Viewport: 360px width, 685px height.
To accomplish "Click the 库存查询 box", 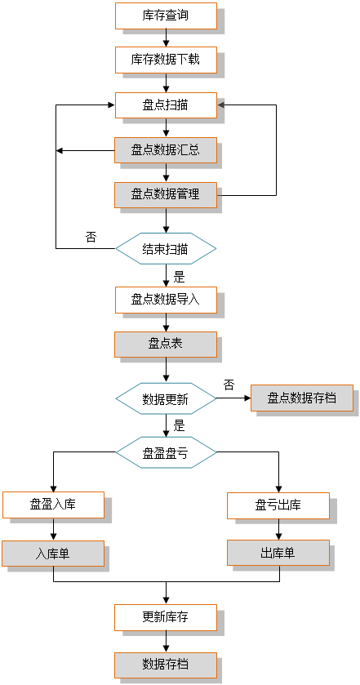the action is tap(166, 16).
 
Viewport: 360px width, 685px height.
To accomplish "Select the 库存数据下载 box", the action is tap(166, 60).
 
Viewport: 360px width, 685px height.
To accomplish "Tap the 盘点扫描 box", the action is tap(166, 105).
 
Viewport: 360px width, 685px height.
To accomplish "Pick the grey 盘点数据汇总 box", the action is tap(166, 150).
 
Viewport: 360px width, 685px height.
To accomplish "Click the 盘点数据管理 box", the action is tap(166, 195).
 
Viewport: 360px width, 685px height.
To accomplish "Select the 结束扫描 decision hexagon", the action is tap(166, 248).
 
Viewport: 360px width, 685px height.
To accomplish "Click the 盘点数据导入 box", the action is tap(166, 300).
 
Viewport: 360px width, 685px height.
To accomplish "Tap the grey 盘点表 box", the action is tap(166, 345).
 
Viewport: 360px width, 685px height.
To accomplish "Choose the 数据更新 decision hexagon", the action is tap(166, 398).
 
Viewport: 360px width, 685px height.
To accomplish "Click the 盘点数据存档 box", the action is tap(302, 398).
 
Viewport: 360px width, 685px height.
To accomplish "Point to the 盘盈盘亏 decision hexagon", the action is tap(166, 452).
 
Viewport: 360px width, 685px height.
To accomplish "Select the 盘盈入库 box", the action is tap(53, 505).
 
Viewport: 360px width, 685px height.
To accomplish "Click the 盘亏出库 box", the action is tap(278, 506).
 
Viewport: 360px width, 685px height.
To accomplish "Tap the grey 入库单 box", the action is tap(53, 554).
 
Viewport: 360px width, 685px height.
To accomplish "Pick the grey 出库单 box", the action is tap(278, 553).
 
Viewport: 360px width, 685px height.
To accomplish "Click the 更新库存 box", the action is tap(166, 617).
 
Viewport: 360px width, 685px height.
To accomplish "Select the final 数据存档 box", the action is tap(166, 665).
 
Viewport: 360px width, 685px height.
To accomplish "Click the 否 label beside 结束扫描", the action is tap(91, 238).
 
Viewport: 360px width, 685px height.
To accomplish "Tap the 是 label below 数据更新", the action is tap(180, 426).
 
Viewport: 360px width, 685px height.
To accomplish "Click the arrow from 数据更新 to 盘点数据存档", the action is tap(233, 398).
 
